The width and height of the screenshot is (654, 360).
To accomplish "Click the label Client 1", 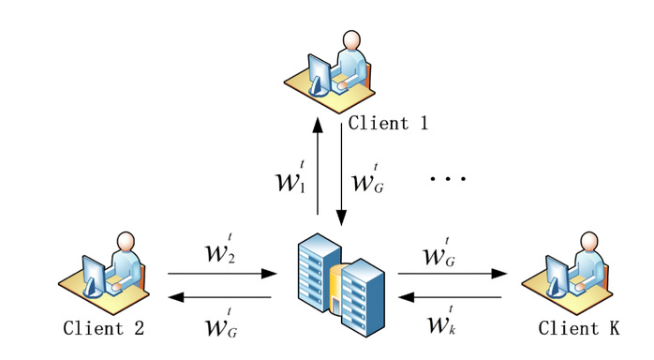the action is pyautogui.click(x=388, y=123).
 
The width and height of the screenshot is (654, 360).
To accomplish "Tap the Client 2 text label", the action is pyautogui.click(x=103, y=328).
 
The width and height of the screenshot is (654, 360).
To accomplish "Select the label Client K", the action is pyautogui.click(x=578, y=328).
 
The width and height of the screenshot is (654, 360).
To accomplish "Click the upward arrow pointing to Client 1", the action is pyautogui.click(x=318, y=166).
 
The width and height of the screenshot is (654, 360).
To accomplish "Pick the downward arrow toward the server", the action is pyautogui.click(x=342, y=174).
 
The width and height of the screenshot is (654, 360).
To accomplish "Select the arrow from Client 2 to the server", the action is pyautogui.click(x=222, y=274).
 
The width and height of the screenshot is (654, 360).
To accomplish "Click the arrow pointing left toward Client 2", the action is pyautogui.click(x=219, y=297).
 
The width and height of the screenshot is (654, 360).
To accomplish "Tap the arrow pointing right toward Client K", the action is pyautogui.click(x=453, y=274).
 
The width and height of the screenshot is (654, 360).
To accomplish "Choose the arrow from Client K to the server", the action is pyautogui.click(x=450, y=297).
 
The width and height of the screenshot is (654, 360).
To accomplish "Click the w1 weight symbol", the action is pyautogui.click(x=290, y=177).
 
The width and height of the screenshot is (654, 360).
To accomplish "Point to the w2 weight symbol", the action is pyautogui.click(x=220, y=248).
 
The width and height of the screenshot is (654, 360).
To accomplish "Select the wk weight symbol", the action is pyautogui.click(x=441, y=321).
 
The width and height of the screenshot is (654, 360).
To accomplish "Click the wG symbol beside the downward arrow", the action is pyautogui.click(x=367, y=178).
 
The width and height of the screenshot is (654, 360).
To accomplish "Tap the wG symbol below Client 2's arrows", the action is pyautogui.click(x=221, y=322).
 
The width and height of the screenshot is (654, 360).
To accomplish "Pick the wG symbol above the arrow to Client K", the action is pyautogui.click(x=438, y=252).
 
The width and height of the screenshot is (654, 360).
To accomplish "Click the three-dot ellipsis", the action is pyautogui.click(x=448, y=178).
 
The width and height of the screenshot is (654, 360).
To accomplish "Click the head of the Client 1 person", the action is pyautogui.click(x=351, y=40).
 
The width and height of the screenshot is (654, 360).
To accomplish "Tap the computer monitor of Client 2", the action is pyautogui.click(x=94, y=277).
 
